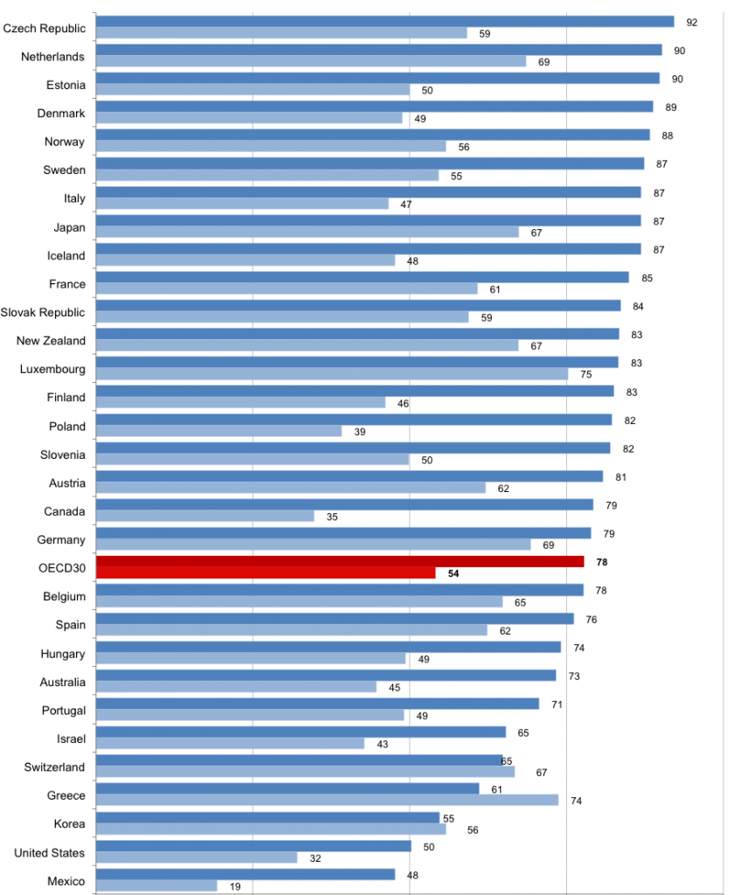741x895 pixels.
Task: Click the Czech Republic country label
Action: pyautogui.click(x=45, y=28)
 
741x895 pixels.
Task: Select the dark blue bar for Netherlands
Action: pyautogui.click(x=378, y=50)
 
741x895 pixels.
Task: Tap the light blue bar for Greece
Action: pyautogui.click(x=327, y=800)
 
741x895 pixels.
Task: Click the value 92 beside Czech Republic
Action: pyautogui.click(x=692, y=22)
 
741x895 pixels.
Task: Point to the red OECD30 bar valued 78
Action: pyautogui.click(x=339, y=561)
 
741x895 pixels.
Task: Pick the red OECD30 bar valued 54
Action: pyautogui.click(x=265, y=573)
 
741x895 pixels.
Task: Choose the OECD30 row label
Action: pyautogui.click(x=62, y=568)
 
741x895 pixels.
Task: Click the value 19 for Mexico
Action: pyautogui.click(x=235, y=886)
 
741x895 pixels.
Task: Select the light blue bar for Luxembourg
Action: pyautogui.click(x=331, y=374)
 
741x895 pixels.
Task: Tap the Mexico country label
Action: pyautogui.click(x=66, y=881)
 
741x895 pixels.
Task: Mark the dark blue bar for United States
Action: pyautogui.click(x=253, y=846)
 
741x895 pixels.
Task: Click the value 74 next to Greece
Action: pyautogui.click(x=576, y=801)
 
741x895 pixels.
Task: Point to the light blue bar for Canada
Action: pyautogui.click(x=204, y=517)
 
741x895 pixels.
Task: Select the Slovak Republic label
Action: pyautogui.click(x=43, y=312)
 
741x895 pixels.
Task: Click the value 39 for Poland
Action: pyautogui.click(x=359, y=432)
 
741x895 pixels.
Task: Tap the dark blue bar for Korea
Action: pyautogui.click(x=267, y=817)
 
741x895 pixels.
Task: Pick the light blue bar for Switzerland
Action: pyautogui.click(x=305, y=772)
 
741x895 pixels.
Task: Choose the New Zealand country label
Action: pyautogui.click(x=52, y=341)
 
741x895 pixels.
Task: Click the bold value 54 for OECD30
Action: pyautogui.click(x=454, y=574)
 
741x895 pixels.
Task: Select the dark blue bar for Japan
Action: pyautogui.click(x=368, y=220)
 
